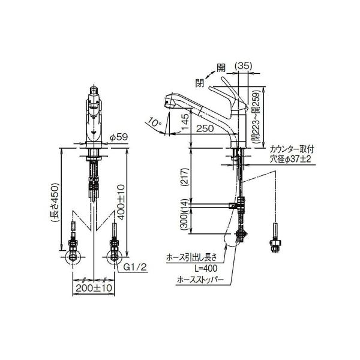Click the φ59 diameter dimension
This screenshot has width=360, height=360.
click(118, 137)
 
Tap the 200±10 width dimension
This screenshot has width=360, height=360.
click(94, 287)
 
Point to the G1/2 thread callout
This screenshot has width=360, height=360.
click(135, 267)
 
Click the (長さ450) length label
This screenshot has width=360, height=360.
click(55, 203)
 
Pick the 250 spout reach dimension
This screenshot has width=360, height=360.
click(205, 128)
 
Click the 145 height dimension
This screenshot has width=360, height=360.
click(185, 122)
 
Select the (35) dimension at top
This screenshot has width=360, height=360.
click(244, 66)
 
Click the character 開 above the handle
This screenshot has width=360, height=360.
click(221, 67)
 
